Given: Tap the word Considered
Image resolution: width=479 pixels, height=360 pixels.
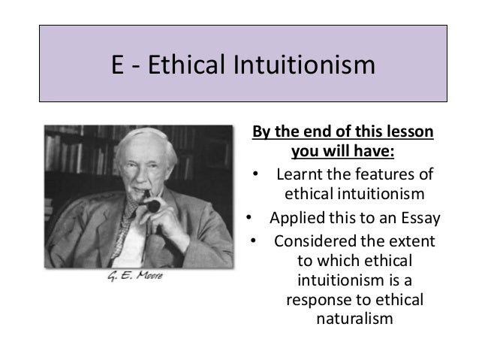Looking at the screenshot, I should click(x=316, y=242).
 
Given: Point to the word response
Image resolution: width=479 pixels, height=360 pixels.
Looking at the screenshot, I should click(x=318, y=300).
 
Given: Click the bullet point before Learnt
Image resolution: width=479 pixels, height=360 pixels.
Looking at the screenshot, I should click(x=256, y=176).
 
